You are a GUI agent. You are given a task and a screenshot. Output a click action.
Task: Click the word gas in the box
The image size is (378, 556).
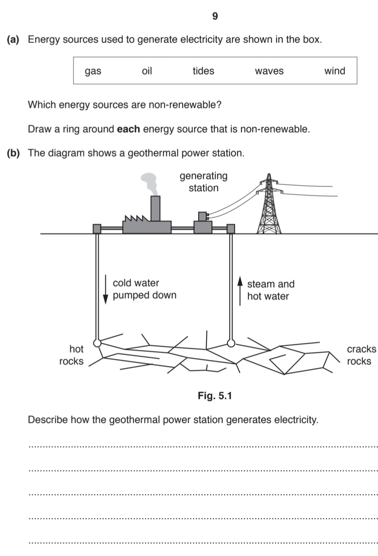[93, 71]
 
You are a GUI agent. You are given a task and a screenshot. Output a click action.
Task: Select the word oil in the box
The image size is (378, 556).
[147, 71]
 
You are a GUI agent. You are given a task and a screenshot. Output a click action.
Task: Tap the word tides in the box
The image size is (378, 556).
[203, 71]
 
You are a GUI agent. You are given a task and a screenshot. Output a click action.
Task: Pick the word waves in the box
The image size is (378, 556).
[269, 71]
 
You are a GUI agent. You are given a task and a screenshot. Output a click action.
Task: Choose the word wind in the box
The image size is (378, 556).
[334, 71]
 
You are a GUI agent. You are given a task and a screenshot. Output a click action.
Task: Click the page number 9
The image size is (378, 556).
[215, 16]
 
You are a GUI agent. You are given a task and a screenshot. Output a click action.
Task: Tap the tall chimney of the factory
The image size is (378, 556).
[155, 208]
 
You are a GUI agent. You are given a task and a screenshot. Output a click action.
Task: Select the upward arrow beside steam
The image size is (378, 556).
[240, 291]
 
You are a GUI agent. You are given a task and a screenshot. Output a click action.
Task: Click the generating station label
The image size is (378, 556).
[203, 182]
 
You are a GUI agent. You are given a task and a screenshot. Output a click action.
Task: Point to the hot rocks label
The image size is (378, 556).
[71, 355]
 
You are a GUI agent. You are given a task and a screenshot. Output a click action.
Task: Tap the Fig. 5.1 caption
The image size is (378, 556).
[214, 396]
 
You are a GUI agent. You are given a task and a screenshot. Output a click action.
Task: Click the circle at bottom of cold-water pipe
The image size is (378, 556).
[97, 343]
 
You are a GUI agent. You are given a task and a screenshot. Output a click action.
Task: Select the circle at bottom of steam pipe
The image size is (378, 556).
[231, 343]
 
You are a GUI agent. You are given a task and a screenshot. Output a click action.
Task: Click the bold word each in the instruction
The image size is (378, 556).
[128, 129]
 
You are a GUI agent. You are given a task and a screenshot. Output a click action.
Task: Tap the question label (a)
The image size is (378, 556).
[13, 39]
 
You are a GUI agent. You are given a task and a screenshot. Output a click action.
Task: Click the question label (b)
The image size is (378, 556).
[13, 153]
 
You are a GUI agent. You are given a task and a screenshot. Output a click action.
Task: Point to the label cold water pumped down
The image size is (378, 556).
[144, 289]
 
